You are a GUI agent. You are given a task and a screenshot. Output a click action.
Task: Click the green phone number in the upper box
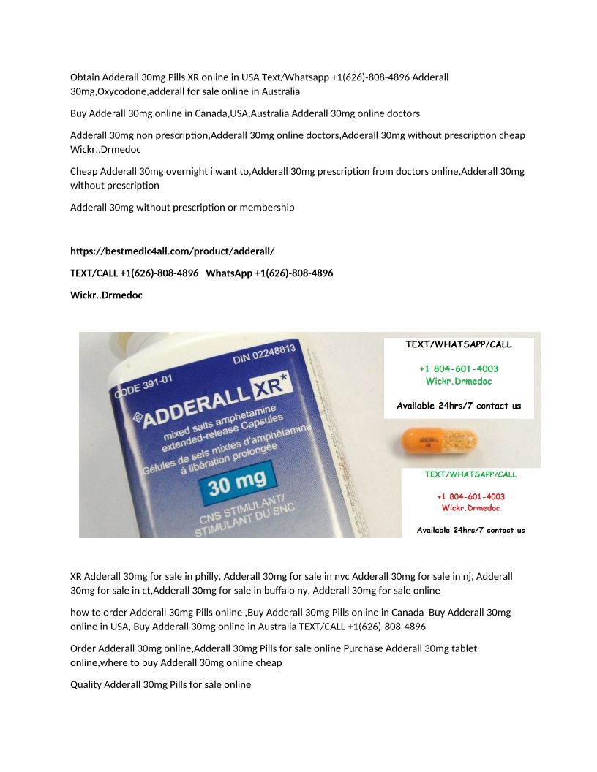[x=459, y=369]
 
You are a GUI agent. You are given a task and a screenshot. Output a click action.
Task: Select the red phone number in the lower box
[x=470, y=496]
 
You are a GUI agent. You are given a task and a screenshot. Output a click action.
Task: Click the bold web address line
[x=172, y=251]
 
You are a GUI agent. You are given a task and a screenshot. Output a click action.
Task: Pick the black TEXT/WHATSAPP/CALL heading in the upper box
[x=459, y=344]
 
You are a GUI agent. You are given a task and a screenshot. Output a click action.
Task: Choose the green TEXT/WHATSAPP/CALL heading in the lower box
[x=470, y=474]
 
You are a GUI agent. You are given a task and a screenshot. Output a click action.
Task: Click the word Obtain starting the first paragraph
[x=85, y=77]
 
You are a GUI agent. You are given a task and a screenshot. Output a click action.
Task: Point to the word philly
[x=208, y=576]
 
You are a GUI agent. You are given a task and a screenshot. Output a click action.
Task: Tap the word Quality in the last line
[x=86, y=685]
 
